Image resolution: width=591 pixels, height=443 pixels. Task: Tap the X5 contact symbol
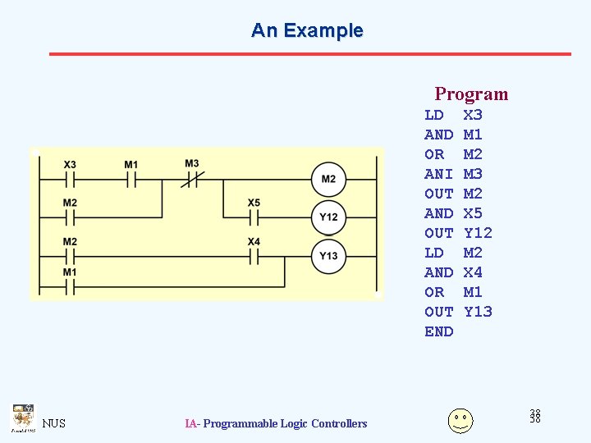coord(254,217)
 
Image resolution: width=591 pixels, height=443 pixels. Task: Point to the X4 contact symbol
coord(254,255)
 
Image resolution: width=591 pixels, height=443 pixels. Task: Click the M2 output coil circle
coord(328,180)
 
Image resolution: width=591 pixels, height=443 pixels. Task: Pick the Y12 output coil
coord(328,217)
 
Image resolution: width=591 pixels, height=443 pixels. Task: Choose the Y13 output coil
coord(328,255)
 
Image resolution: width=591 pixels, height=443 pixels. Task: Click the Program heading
coord(471,94)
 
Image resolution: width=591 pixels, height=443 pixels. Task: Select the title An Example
coord(307,30)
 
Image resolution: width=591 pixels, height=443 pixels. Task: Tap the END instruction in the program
coord(438,331)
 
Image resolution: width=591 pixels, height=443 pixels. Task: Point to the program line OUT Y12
coord(457,233)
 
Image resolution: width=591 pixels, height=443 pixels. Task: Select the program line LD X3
coord(453,115)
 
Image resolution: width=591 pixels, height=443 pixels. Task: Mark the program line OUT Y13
coord(457,312)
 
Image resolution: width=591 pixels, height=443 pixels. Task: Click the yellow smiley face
coord(460,420)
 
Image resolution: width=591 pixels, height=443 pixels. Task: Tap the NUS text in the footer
coord(54,423)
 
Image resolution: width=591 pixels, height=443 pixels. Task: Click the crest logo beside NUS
coord(22,418)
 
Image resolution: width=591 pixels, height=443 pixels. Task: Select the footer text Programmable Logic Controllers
coord(285,423)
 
